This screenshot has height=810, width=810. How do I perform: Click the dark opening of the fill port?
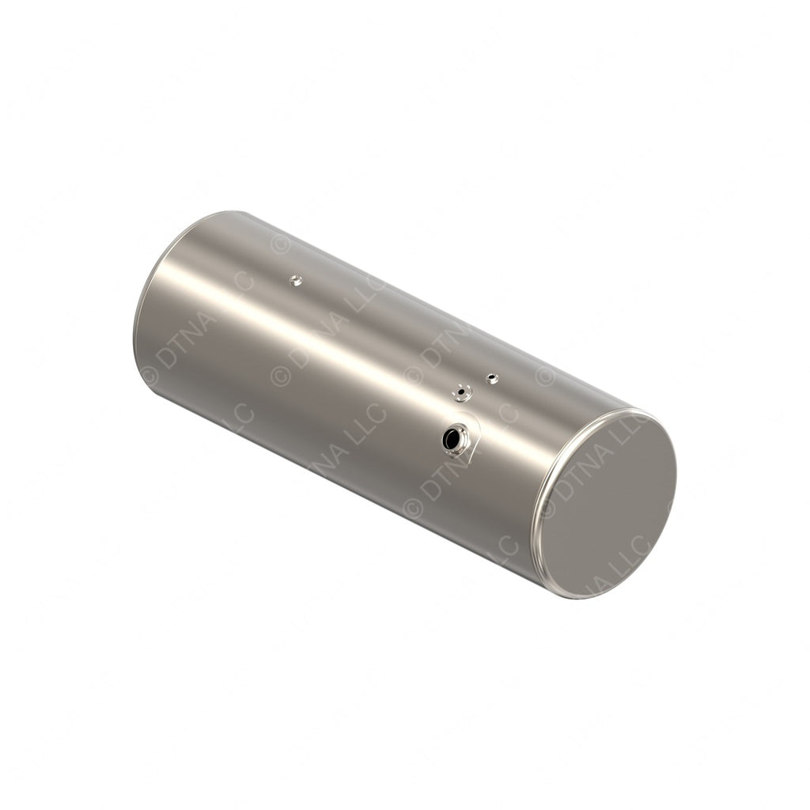(452, 439)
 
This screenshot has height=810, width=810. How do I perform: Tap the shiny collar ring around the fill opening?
(461, 432)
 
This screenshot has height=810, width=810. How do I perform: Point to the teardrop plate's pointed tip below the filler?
(470, 460)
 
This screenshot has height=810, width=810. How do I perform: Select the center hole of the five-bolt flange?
(462, 391)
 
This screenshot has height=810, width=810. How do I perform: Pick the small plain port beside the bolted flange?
(492, 379)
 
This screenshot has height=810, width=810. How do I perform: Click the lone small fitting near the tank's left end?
(296, 279)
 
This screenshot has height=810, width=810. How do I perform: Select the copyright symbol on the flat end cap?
(547, 509)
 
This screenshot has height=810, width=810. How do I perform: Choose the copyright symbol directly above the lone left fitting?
(280, 243)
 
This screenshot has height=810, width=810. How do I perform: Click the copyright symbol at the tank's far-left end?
(149, 377)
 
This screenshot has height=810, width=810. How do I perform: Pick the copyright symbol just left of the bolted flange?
(413, 375)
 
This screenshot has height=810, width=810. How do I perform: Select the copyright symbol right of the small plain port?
(544, 376)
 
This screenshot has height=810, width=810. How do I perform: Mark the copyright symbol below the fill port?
(413, 507)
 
